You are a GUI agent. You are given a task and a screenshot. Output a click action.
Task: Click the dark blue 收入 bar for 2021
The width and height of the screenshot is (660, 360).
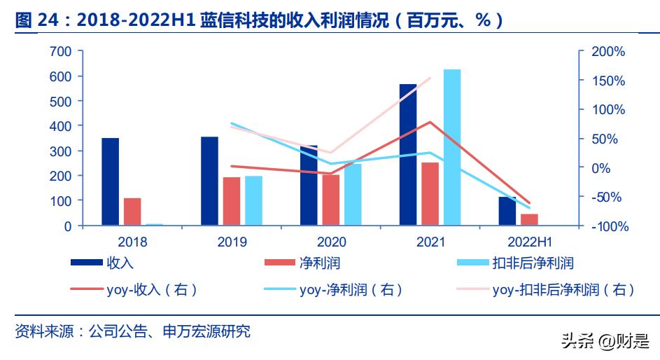click(407, 155)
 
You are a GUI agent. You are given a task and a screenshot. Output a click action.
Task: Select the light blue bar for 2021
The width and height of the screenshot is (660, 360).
click(452, 147)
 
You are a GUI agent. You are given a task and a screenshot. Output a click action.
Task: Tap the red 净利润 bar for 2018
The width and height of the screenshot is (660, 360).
click(132, 212)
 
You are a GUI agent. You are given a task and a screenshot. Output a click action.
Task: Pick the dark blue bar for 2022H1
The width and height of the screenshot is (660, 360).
click(507, 211)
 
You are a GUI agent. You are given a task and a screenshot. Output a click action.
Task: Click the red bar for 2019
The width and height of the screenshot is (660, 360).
click(231, 201)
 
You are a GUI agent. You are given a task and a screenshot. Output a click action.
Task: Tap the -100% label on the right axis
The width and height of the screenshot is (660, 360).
click(608, 227)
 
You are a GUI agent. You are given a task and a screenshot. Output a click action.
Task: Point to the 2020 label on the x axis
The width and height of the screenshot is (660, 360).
click(331, 242)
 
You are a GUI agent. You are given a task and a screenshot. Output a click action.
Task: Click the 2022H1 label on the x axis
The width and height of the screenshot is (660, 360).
click(529, 242)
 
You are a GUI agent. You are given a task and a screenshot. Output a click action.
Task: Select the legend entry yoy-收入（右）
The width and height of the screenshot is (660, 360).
click(134, 289)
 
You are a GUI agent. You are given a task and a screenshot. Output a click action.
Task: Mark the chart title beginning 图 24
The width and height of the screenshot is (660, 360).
click(259, 21)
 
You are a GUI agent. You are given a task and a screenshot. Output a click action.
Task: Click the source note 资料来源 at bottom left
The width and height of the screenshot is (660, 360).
click(133, 331)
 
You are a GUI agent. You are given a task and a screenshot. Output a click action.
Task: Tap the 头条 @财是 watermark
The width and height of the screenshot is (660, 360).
click(604, 341)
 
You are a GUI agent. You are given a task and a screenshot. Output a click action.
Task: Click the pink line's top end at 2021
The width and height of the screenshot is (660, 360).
click(430, 78)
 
